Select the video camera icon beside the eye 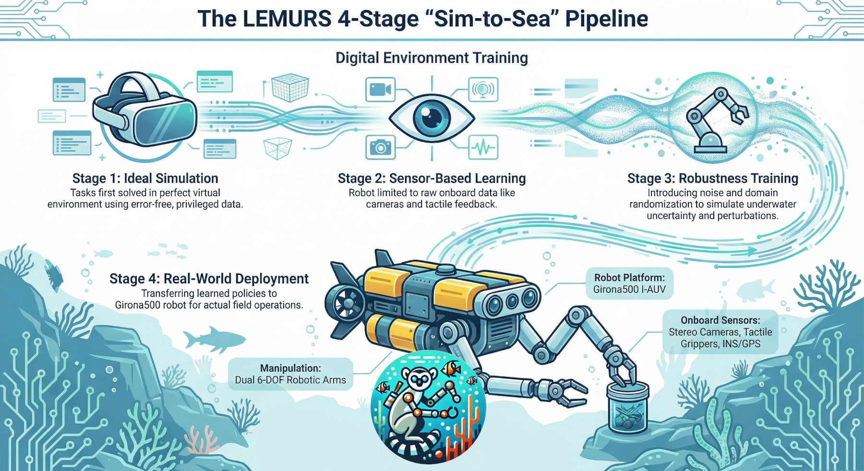(380, 89)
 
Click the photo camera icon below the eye (380, 147)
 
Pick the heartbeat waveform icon (483, 147)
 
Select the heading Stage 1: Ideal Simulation (145, 179)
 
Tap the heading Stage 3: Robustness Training (712, 179)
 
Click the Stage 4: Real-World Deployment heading (209, 279)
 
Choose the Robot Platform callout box (629, 283)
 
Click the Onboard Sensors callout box (720, 332)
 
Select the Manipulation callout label (290, 374)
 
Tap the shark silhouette (213, 339)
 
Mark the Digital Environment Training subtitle (432, 58)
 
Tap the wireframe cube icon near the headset (290, 88)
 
